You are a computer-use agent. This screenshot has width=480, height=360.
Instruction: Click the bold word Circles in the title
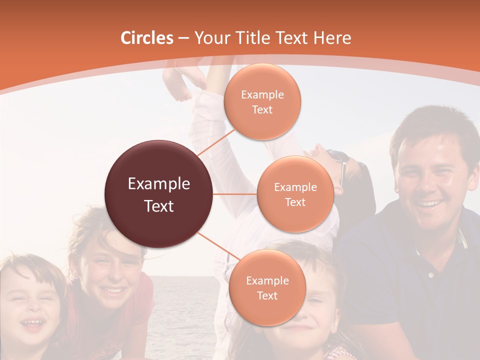147,38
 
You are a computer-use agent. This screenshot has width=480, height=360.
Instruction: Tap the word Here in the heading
332,38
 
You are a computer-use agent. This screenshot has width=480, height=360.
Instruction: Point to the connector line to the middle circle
235,194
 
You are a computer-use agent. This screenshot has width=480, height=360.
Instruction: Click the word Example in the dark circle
159,184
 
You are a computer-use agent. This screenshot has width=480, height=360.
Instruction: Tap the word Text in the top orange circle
262,110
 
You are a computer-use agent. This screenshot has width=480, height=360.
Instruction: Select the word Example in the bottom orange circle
267,280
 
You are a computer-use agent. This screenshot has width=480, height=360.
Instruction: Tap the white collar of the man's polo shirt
463,240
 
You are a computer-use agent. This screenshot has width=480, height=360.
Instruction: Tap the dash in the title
183,38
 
